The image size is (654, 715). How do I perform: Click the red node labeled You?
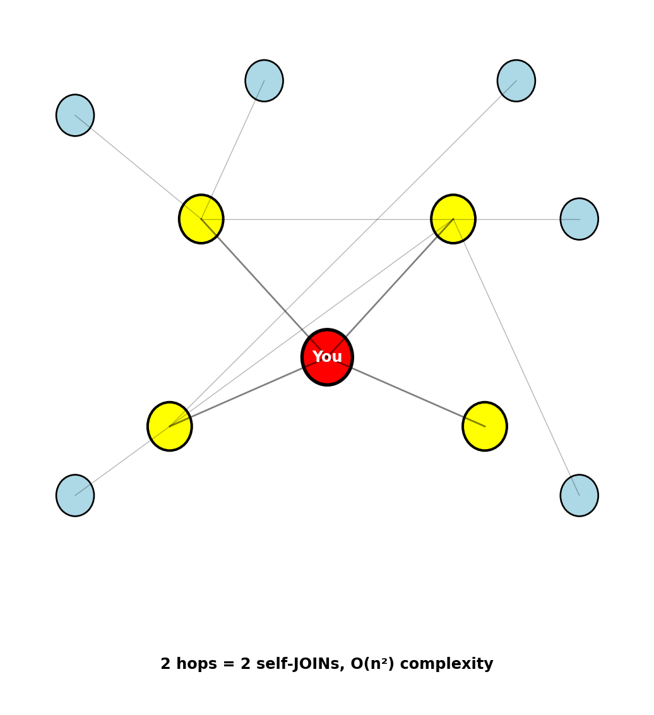[x=327, y=357]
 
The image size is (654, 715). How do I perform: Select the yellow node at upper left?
[x=201, y=219]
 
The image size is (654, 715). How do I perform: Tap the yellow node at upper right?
[x=453, y=219]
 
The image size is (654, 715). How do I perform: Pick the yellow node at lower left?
[x=170, y=426]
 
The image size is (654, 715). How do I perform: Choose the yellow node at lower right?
[x=485, y=426]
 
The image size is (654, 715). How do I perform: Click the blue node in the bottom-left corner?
[x=75, y=495]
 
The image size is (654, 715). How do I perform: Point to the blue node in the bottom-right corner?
[x=579, y=495]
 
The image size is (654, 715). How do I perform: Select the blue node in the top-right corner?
[x=516, y=81]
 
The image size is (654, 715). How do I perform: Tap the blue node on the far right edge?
[x=579, y=219]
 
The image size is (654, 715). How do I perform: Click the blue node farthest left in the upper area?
[x=75, y=116]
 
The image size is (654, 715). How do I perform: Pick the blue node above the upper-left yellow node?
[x=264, y=81]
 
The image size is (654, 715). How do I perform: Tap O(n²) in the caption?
[x=372, y=664]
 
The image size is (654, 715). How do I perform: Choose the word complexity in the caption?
[x=446, y=664]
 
